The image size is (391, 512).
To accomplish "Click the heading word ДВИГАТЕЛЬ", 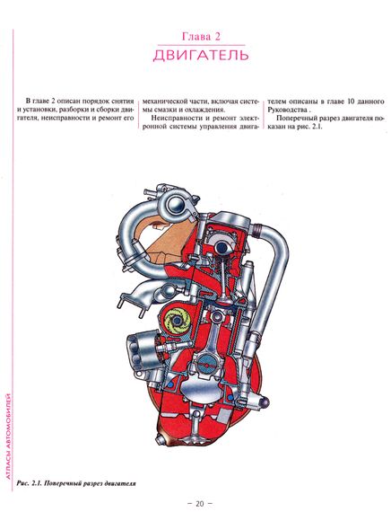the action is pyautogui.click(x=201, y=55).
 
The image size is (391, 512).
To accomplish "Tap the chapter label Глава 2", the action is pyautogui.click(x=201, y=36).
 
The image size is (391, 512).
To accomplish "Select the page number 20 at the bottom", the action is pyautogui.click(x=200, y=503).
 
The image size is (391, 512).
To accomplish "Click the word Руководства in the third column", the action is pyautogui.click(x=287, y=110).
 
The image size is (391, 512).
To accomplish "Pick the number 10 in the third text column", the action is pyautogui.click(x=351, y=102).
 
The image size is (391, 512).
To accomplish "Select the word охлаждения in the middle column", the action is pyautogui.click(x=205, y=110).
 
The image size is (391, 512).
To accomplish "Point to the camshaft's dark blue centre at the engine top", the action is pyautogui.click(x=223, y=248).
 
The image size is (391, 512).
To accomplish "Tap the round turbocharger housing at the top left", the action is pyautogui.click(x=175, y=205).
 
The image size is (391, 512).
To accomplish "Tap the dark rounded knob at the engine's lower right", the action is pyautogui.click(x=265, y=400).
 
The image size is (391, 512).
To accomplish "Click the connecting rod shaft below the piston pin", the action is pyautogui.click(x=212, y=336).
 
